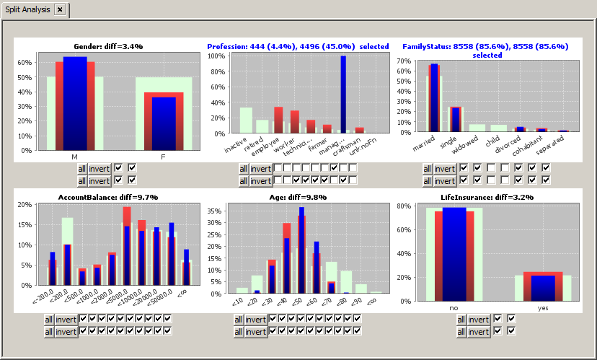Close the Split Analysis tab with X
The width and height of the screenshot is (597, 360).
(x=60, y=9)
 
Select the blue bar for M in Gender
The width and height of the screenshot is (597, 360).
(x=75, y=101)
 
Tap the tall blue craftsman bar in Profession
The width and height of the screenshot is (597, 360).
(x=343, y=94)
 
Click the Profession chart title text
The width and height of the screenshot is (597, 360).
(x=298, y=46)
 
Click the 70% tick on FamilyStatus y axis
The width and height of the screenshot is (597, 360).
(x=402, y=61)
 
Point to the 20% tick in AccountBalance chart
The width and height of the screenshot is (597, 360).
(x=24, y=204)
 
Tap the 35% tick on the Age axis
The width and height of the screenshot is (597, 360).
(x=214, y=212)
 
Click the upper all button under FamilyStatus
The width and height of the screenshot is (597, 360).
(x=428, y=168)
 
